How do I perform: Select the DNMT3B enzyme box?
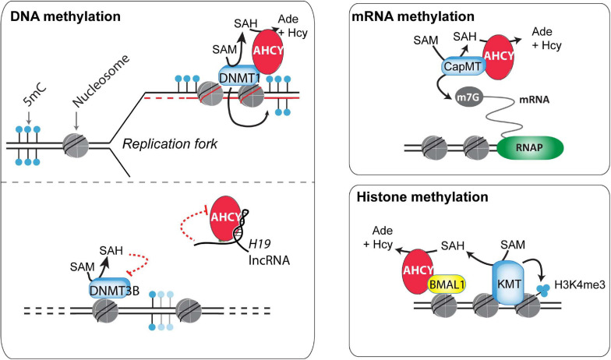(x=110, y=288)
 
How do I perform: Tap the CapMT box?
(x=464, y=67)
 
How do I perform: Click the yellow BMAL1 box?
(x=447, y=285)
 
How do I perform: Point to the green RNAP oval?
(x=530, y=148)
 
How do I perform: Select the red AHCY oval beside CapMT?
(x=499, y=57)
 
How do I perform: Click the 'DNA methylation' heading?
(x=65, y=16)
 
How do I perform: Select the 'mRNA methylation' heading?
(x=413, y=16)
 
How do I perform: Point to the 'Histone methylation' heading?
(x=422, y=196)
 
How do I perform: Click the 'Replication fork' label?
(x=170, y=144)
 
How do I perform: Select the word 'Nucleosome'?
(x=101, y=81)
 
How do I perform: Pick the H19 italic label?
(x=260, y=244)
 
